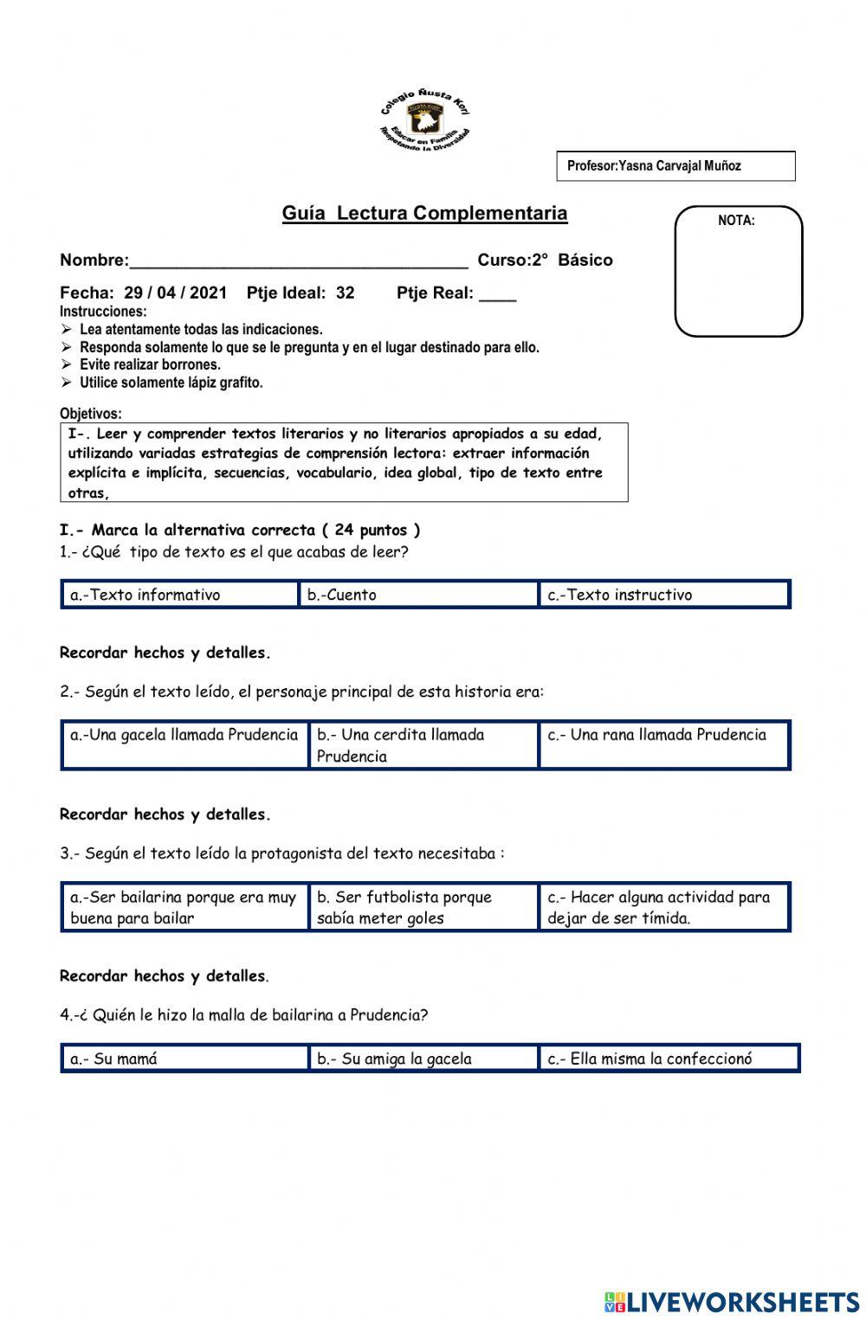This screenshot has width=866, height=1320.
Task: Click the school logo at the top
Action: [425, 120]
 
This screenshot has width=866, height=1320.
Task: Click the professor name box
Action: [675, 166]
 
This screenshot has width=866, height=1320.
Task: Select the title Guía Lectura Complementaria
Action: [424, 213]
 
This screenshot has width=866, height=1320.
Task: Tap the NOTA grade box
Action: [738, 271]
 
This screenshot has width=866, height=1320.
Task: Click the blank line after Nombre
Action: [298, 261]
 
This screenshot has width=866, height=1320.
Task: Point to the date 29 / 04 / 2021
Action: [175, 293]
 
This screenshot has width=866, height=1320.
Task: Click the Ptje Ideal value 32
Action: [345, 293]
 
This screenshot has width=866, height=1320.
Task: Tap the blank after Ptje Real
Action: [497, 294]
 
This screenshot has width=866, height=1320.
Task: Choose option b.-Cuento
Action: [418, 595]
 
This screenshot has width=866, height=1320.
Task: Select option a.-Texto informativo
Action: [180, 595]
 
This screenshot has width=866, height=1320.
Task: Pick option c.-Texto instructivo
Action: [664, 595]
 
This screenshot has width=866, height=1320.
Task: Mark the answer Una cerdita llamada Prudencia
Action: [423, 744]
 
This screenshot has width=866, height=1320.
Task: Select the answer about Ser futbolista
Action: [423, 907]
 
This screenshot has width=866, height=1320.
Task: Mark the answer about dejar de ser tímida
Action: [664, 907]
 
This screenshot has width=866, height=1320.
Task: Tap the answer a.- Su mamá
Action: [184, 1058]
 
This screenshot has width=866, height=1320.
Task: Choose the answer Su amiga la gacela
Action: [423, 1058]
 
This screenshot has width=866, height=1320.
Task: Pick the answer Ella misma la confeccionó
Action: [667, 1058]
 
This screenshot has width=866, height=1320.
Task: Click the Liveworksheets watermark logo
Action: [732, 1302]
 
